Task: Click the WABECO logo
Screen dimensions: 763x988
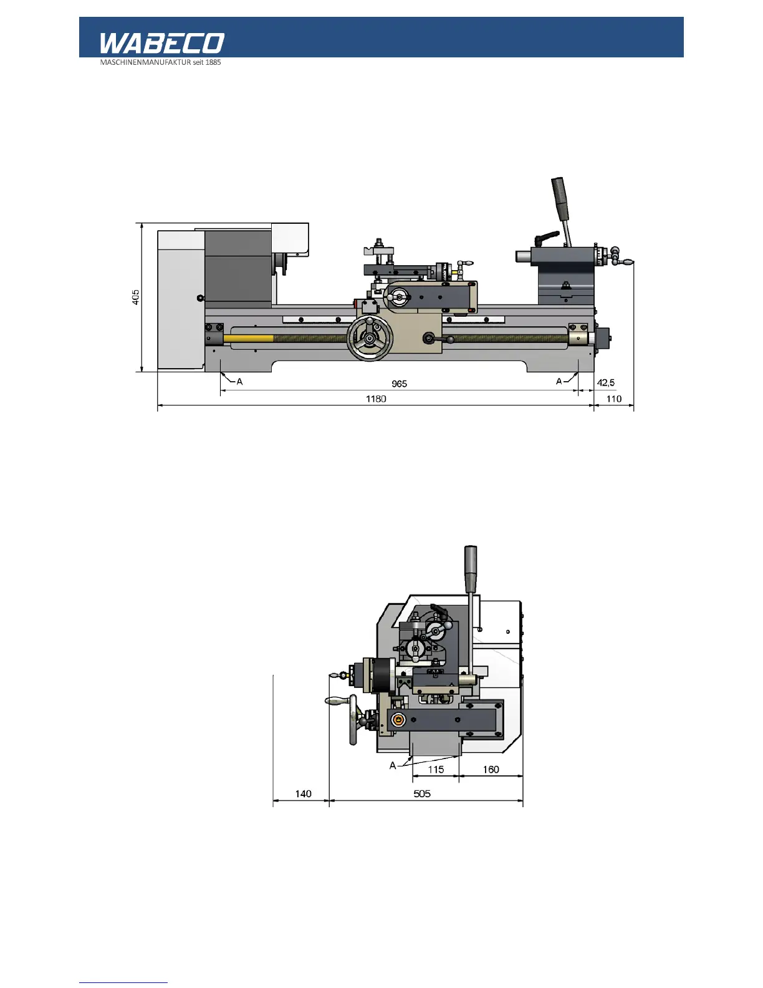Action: point(162,43)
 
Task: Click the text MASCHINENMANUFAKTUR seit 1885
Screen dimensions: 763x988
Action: point(160,62)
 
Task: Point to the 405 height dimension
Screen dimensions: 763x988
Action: point(135,298)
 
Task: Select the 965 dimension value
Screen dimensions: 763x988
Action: point(399,384)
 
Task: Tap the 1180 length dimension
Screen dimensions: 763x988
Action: point(376,399)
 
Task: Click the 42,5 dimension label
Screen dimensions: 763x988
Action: point(605,383)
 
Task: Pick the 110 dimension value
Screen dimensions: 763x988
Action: point(613,399)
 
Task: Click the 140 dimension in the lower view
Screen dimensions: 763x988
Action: point(303,794)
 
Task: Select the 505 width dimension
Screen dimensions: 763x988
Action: point(422,794)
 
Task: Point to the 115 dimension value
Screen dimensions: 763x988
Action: point(436,770)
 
